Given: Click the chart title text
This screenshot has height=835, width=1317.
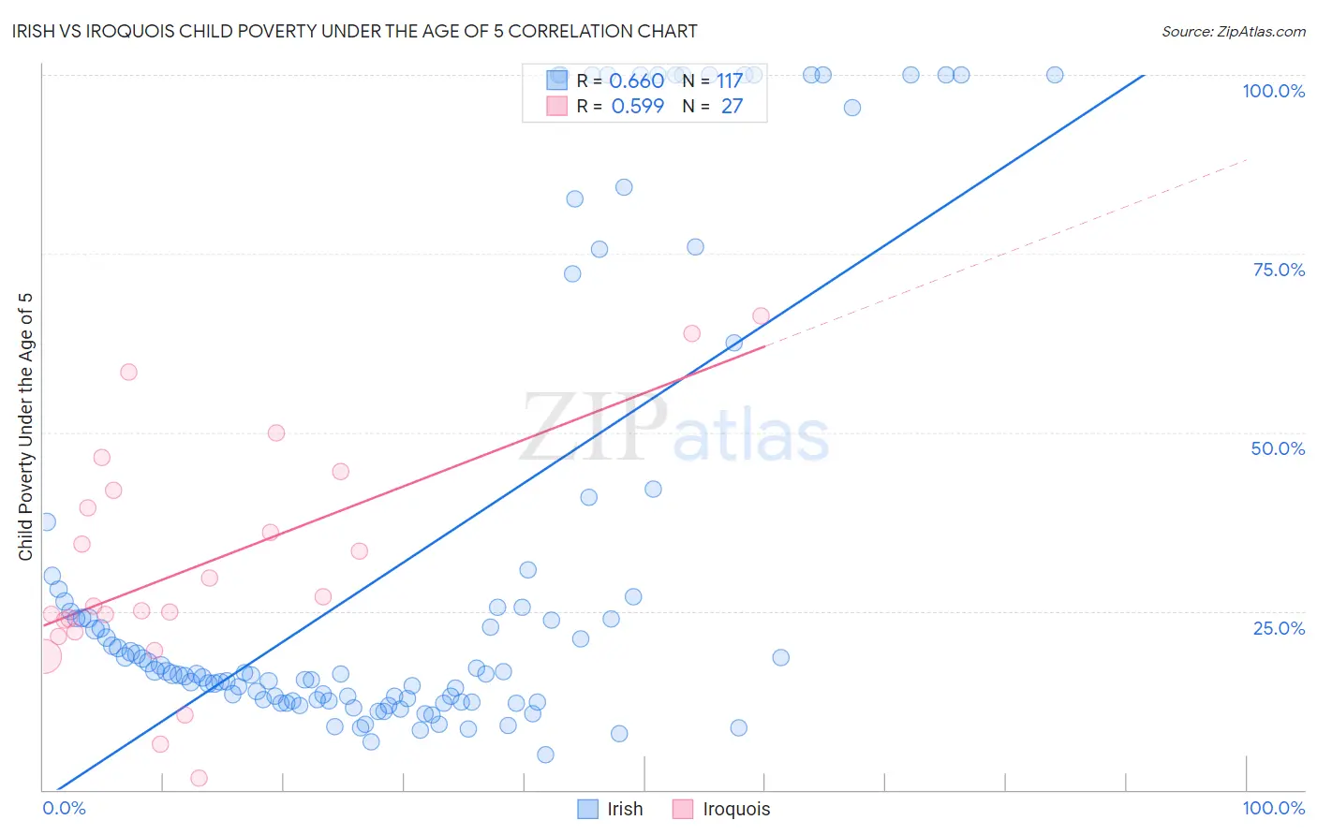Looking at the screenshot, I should [354, 31].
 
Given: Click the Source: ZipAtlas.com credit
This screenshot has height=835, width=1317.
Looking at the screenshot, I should [1233, 32].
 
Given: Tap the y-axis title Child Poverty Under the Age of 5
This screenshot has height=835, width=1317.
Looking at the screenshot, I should [26, 427].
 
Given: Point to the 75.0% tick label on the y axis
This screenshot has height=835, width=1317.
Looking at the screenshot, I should [1279, 270].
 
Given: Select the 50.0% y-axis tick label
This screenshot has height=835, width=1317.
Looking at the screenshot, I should [1278, 448].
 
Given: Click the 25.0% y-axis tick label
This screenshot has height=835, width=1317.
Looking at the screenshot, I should [1279, 628].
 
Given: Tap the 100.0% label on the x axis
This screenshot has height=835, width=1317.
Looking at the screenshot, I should [1273, 808].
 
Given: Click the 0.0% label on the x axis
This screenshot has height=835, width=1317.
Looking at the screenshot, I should [64, 808].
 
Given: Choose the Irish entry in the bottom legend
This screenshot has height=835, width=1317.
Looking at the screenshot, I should [611, 809].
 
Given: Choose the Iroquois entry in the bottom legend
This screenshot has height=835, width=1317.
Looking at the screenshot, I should [721, 809].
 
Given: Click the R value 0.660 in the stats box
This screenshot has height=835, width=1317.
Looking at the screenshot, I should [636, 81].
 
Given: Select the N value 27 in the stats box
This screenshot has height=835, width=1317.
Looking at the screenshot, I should [732, 107].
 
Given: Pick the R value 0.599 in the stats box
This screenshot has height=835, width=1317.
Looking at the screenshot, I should [637, 107].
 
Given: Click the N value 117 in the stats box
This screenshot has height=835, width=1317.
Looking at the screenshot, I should [730, 81].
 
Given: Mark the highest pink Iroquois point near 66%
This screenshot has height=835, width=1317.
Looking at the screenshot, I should [761, 316].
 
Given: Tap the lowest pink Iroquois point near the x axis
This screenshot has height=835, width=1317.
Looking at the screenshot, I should [199, 778].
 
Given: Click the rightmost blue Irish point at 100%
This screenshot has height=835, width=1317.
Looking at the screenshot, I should [1055, 75].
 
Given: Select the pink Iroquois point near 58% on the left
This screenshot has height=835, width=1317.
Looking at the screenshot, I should [128, 373].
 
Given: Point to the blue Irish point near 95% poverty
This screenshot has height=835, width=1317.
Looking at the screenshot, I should [852, 108].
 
